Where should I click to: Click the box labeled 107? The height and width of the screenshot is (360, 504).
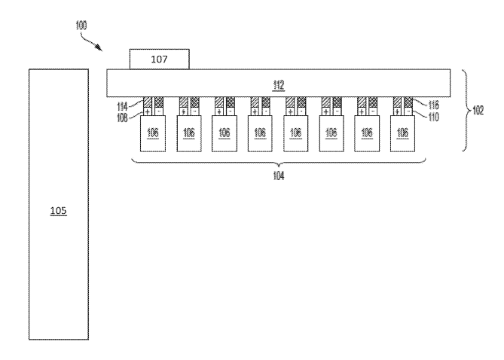coord(159,58)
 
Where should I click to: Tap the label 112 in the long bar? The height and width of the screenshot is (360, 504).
coord(279,84)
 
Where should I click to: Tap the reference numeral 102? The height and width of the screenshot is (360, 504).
coord(478,110)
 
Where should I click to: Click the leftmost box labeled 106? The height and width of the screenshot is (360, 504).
coord(153,133)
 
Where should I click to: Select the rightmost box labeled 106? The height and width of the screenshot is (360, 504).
coord(403,133)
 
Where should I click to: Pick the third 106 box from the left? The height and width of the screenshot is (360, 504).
coord(225,133)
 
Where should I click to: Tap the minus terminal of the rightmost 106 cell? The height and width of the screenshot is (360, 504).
coord(408,111)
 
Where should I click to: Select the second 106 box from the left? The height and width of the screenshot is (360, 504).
coord(188,133)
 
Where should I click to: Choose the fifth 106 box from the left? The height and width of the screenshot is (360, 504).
coord(296,133)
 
